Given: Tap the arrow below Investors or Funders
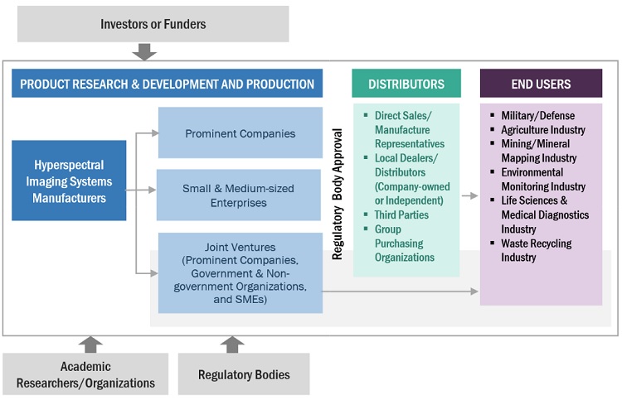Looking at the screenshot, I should pyautogui.click(x=143, y=51).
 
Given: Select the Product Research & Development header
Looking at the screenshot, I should pyautogui.click(x=167, y=84).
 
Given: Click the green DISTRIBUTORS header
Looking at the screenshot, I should pyautogui.click(x=406, y=84).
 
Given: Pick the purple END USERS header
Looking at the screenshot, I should pyautogui.click(x=541, y=84).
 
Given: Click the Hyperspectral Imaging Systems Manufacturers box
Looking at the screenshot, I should pyautogui.click(x=69, y=181).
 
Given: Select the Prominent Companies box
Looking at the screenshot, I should pyautogui.click(x=240, y=133).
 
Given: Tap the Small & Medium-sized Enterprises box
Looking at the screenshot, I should pyautogui.click(x=240, y=195).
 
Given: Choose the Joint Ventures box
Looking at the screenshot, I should pyautogui.click(x=240, y=272).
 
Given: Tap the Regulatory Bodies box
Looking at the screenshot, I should pyautogui.click(x=244, y=374).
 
